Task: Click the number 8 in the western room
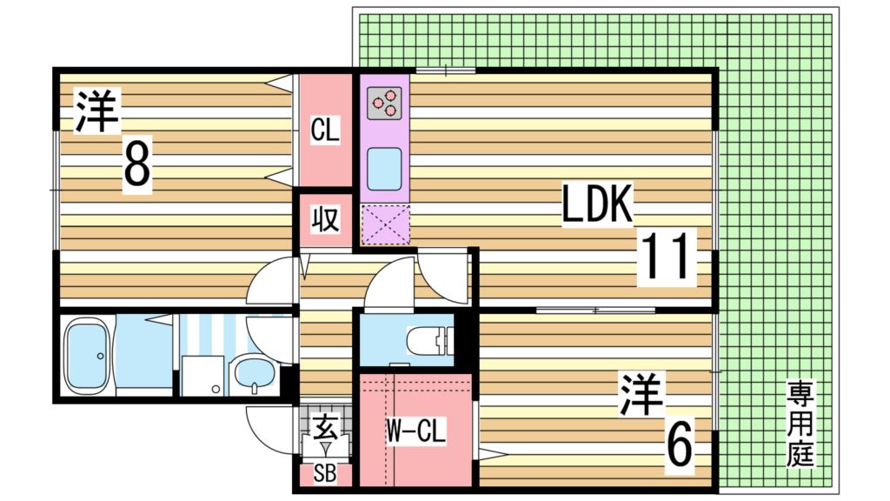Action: pos(136,164)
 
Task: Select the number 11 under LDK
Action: pos(668,258)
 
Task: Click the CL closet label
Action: pos(325,132)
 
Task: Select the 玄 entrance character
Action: pos(325,427)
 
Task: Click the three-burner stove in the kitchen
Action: pos(383,104)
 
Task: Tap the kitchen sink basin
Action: pos(383,168)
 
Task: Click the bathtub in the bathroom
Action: pos(90,355)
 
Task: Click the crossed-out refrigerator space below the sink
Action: pos(383,223)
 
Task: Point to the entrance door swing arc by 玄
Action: pos(269,432)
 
